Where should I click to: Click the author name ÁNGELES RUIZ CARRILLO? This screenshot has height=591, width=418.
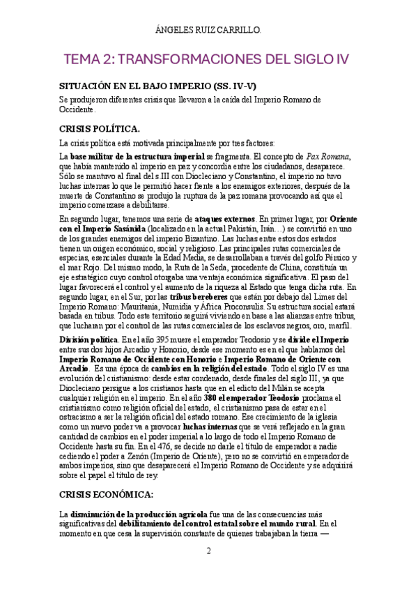point(209,30)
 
